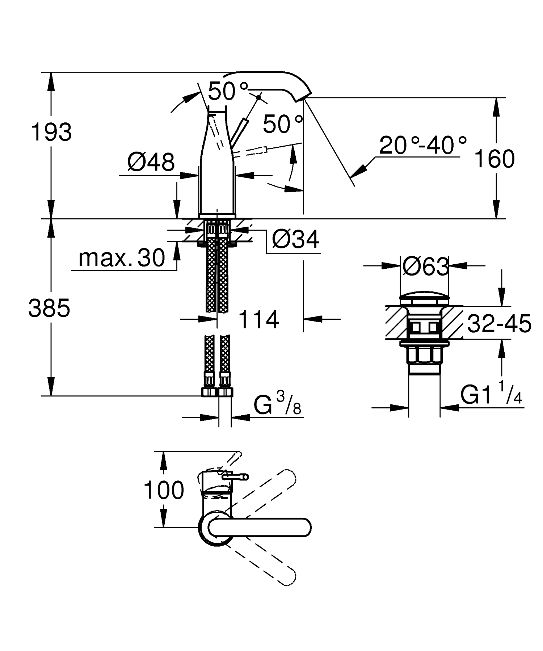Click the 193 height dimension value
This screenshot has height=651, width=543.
click(x=51, y=133)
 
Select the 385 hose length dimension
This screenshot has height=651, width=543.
click(x=49, y=308)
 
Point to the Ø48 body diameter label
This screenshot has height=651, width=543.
click(x=151, y=162)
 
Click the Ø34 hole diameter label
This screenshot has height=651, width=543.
click(x=296, y=240)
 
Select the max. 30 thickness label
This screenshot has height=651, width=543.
click(x=121, y=258)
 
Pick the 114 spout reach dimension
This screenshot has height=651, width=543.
click(x=259, y=319)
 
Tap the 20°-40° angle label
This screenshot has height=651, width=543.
click(x=423, y=146)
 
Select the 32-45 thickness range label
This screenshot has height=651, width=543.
click(x=499, y=323)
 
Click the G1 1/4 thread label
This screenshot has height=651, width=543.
click(x=491, y=395)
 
